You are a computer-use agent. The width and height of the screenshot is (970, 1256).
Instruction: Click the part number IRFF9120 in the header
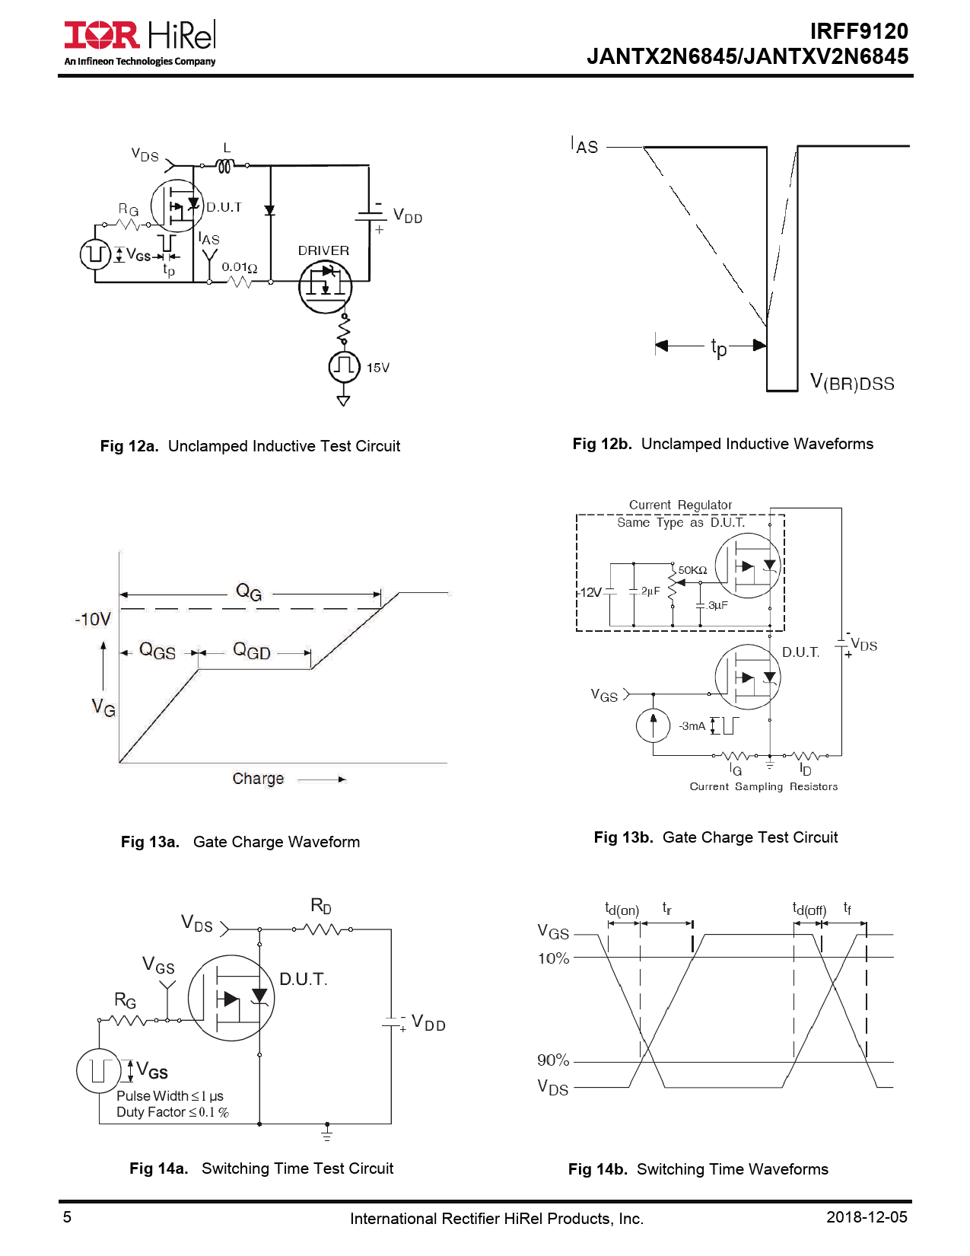point(858,31)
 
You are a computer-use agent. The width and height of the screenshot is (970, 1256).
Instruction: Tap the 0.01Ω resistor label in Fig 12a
point(239,267)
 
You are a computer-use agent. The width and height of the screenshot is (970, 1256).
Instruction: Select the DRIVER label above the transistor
point(323,250)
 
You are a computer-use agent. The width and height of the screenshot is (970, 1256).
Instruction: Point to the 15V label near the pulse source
point(377,368)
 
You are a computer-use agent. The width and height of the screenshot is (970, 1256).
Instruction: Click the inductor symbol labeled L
point(224,165)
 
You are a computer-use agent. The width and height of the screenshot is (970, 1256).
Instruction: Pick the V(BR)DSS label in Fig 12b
point(851,382)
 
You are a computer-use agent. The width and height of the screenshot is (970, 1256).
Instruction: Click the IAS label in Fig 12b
point(584,145)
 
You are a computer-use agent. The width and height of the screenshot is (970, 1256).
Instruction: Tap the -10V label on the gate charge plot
point(93,620)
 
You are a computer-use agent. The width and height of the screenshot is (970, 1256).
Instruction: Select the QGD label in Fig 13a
point(252,651)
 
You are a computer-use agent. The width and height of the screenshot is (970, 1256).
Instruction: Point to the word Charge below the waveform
point(258,779)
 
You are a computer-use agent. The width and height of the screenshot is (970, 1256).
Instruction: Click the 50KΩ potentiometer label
point(692,570)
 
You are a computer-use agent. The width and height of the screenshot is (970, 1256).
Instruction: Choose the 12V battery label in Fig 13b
point(591,592)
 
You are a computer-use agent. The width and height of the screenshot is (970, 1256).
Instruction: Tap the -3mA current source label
point(692,726)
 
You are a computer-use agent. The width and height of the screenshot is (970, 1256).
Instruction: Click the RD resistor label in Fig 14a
point(321,906)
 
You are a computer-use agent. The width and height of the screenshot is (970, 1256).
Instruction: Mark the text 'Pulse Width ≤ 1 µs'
point(170,1096)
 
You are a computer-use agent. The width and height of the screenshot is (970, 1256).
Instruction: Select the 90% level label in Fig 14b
point(553,1060)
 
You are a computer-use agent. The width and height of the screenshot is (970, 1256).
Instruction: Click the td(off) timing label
point(809,909)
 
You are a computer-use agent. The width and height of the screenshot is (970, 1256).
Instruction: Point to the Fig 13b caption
point(715,837)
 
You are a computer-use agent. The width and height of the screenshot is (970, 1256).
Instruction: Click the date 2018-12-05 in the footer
point(867,1217)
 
